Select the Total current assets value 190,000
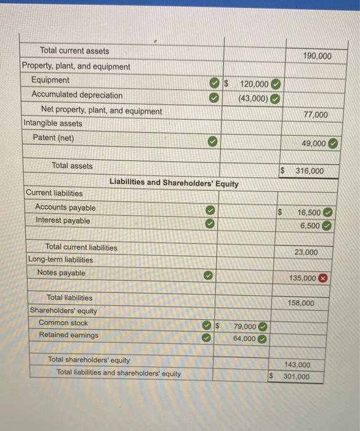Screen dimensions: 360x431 point(317,56)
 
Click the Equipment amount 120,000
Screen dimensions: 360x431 point(254,84)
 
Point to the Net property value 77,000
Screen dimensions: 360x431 point(316,115)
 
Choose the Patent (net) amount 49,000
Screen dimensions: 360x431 point(313,143)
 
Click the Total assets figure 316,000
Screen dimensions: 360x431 point(309,171)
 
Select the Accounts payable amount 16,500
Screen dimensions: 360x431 point(308,212)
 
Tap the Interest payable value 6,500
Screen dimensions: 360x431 point(310,225)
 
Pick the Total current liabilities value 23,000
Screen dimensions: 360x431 point(306,252)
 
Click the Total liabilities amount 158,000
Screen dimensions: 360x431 point(301,303)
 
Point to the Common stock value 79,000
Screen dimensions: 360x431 point(245,326)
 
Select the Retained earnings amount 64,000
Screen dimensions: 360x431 point(244,339)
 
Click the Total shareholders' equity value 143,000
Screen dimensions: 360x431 point(297,365)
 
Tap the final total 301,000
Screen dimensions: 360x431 point(297,376)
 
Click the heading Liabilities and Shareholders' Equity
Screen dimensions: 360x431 point(174,182)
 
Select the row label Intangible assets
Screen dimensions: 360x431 point(53,123)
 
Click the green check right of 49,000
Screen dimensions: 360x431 point(333,143)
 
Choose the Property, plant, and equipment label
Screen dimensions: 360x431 point(76,66)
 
